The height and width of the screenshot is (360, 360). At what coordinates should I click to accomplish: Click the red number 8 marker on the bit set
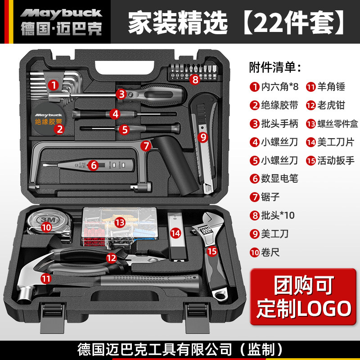pos(195,80)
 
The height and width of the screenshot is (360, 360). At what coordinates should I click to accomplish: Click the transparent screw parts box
pos(120,226)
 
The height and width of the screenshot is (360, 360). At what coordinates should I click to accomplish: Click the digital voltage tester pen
pos(88,165)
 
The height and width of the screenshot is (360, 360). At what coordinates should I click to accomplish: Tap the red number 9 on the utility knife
pos(203,137)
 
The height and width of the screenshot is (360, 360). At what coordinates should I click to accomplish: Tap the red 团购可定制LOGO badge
pos(303,297)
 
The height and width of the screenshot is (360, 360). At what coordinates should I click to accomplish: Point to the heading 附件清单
pos(275,67)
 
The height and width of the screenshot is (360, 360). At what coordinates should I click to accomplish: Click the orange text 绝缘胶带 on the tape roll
pos(49,121)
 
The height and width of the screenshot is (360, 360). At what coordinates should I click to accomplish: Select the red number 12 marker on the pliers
pos(111,258)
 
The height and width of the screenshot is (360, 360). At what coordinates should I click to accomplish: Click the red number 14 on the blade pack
pos(175,234)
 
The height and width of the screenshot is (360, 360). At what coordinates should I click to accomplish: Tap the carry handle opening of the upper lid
pos(125,67)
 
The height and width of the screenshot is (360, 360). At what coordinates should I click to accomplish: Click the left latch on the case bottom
pos(52,318)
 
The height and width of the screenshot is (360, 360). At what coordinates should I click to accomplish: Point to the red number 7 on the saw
pos(146,145)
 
